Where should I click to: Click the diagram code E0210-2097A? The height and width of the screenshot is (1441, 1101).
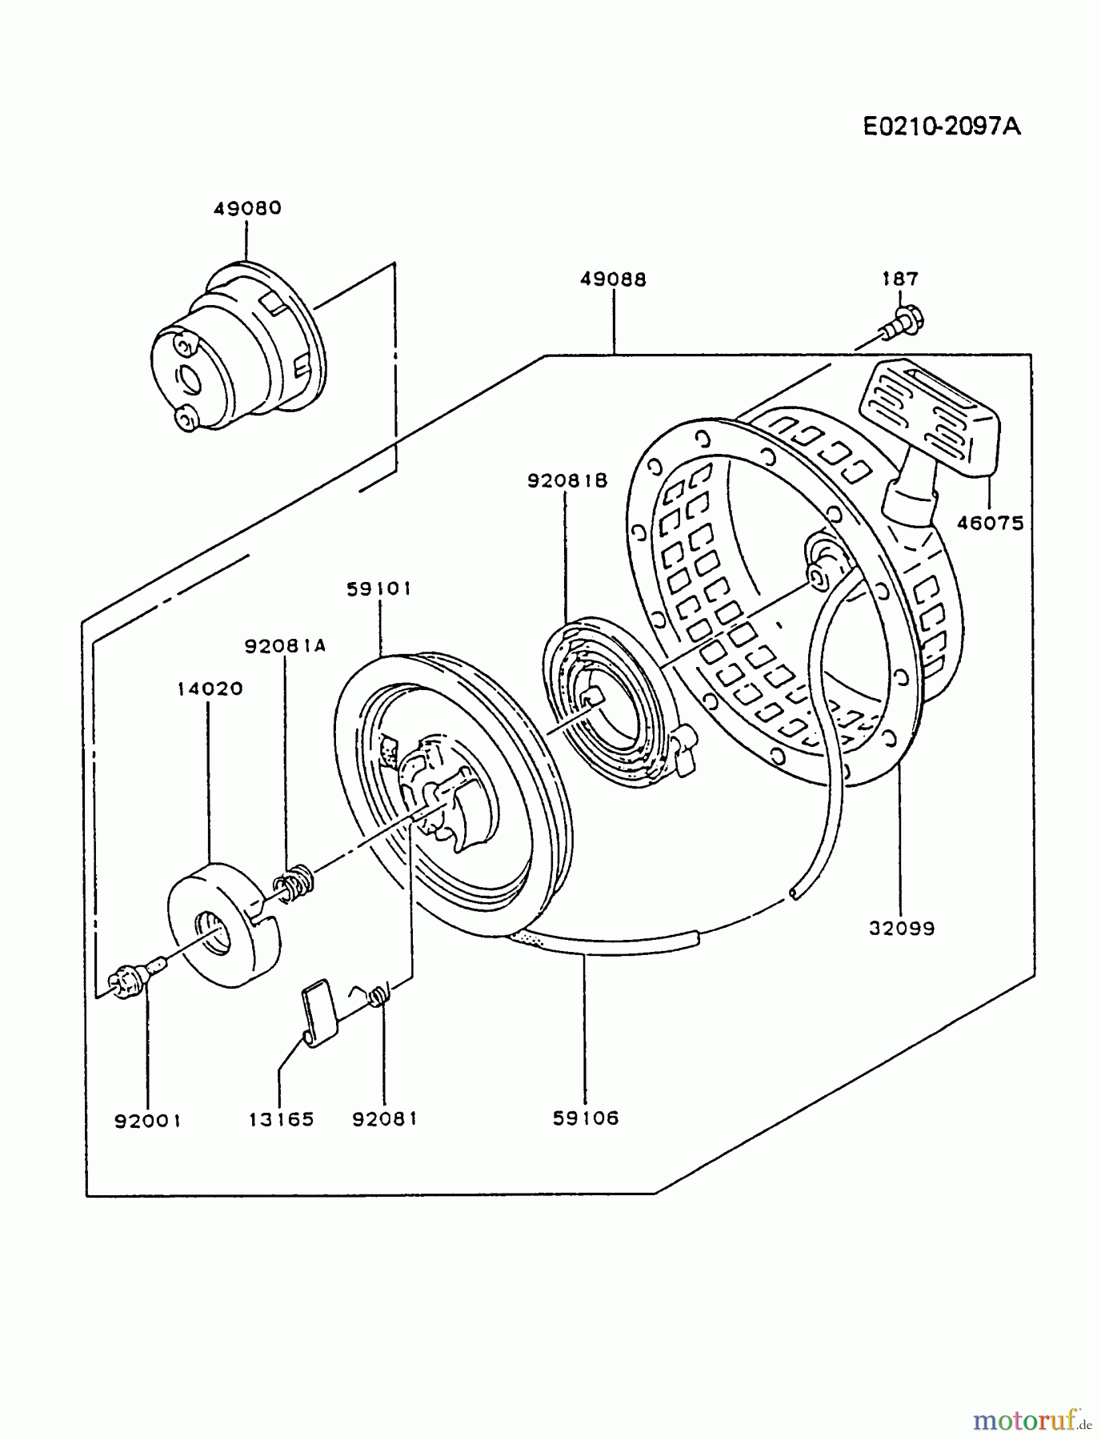942,126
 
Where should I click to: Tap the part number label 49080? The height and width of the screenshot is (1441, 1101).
247,208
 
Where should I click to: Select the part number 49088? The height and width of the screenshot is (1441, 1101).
613,279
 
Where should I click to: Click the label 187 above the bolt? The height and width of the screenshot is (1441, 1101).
900,279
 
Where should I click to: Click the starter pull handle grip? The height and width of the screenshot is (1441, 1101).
928,420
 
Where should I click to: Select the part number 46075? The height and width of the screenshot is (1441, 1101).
991,524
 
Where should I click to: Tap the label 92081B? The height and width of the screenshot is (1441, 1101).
567,480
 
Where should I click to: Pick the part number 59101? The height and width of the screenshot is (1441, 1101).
378,589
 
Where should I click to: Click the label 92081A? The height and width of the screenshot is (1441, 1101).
286,646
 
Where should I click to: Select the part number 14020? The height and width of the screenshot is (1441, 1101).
210,688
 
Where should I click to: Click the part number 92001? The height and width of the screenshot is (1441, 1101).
148,1120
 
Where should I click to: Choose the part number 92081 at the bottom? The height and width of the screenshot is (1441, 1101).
385,1118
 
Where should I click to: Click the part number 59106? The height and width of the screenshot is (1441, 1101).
586,1118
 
